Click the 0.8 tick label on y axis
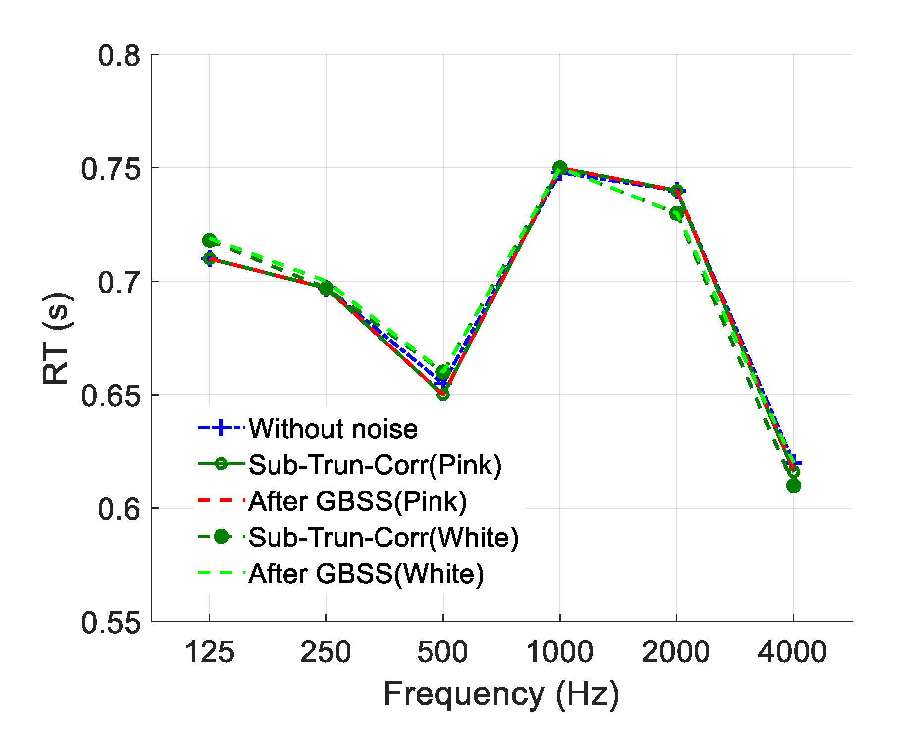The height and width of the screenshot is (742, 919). tap(118, 55)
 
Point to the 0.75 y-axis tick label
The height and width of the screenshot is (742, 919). tap(110, 169)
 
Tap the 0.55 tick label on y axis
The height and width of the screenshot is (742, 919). tap(110, 622)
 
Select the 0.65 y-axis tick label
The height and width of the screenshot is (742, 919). tap(110, 396)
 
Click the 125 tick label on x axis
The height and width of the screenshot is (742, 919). tap(209, 652)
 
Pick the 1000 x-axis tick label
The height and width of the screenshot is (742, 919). tap(559, 652)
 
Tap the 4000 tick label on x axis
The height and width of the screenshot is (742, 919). tap(793, 652)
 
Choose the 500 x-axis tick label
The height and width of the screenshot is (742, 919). tap(442, 652)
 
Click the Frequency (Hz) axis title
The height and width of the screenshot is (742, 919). tap(501, 694)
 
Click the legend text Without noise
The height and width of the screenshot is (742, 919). tap(333, 429)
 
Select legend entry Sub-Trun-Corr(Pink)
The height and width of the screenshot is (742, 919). tap(375, 465)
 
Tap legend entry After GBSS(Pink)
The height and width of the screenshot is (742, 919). tap(357, 501)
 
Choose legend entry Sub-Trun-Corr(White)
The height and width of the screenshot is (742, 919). tap(383, 537)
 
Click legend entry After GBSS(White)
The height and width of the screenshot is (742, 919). tap(366, 574)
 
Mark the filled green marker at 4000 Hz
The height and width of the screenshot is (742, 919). tap(793, 486)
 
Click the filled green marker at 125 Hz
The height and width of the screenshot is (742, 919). tap(209, 241)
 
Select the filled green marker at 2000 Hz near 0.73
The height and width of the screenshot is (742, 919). tap(676, 213)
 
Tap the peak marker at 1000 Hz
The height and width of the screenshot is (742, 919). tap(560, 168)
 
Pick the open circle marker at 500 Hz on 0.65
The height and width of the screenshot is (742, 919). tap(443, 395)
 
